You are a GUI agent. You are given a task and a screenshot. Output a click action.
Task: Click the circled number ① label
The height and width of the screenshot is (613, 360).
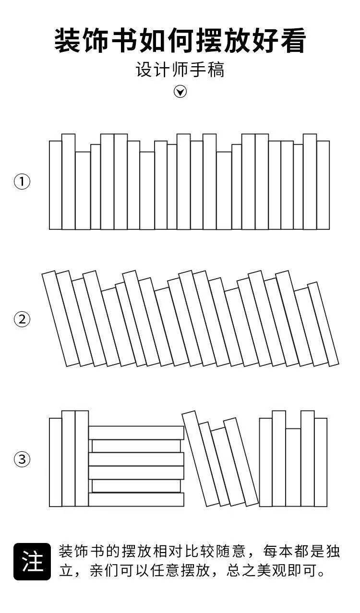point(22,182)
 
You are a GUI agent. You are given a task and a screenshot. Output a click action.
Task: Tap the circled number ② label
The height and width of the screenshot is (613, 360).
point(22,319)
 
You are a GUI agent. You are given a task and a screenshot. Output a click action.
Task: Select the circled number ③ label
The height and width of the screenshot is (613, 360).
point(22,460)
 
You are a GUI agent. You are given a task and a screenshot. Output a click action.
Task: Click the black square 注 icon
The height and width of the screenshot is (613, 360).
point(32,561)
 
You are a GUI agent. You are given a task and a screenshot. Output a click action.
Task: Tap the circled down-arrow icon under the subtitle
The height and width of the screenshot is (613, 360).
point(180,92)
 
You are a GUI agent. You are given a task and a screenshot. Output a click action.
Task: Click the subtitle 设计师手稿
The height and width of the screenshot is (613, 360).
point(180,70)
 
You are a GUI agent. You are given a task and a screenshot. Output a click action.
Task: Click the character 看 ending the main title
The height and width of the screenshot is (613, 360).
point(291,41)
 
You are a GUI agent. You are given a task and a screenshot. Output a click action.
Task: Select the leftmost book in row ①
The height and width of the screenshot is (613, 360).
point(56,185)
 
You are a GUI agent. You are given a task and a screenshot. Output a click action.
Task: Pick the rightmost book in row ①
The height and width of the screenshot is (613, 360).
point(323,185)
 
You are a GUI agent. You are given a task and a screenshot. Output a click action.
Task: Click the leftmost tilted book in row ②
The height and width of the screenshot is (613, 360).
point(61,319)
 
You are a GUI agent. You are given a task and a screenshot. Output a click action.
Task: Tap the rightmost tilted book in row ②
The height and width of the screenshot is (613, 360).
point(323,324)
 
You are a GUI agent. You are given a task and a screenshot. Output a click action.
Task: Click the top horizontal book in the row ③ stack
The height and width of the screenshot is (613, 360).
point(136,433)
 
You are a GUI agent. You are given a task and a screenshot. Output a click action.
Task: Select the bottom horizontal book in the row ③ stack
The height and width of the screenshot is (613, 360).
point(136,499)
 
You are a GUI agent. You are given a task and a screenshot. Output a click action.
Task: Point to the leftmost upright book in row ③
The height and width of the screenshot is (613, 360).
point(56,462)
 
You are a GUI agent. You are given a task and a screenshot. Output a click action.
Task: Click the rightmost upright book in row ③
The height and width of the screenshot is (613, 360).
point(321,462)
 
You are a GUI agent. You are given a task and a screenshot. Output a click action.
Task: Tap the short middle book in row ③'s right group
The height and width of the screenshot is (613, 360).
point(293,467)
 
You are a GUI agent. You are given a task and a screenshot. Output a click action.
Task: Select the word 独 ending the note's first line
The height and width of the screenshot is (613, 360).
point(332,552)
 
